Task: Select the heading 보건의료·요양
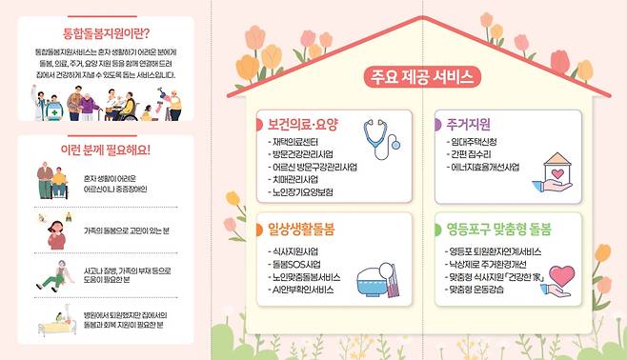[303, 124]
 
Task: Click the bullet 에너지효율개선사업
[484, 167]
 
